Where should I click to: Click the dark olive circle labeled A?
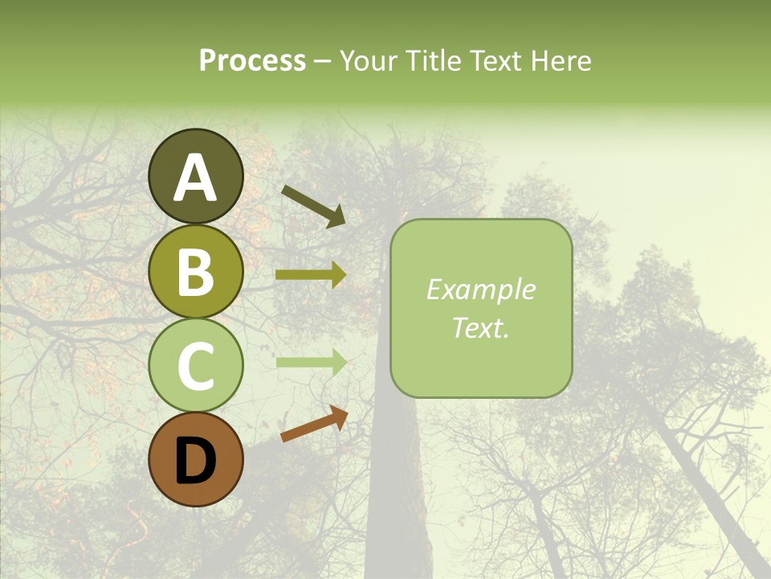click(195, 176)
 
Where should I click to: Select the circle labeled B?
click(195, 271)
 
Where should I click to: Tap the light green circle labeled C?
click(195, 366)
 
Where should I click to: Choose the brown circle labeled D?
click(195, 460)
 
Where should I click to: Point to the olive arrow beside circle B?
click(311, 275)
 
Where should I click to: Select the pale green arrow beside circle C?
click(311, 362)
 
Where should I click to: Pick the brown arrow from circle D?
click(314, 424)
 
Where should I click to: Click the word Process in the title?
click(252, 61)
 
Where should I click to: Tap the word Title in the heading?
click(434, 60)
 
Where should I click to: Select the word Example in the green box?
click(480, 289)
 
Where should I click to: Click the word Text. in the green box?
click(480, 328)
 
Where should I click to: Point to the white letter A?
click(195, 178)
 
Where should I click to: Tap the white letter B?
click(195, 272)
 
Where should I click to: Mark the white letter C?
click(195, 367)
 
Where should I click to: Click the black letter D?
click(195, 461)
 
